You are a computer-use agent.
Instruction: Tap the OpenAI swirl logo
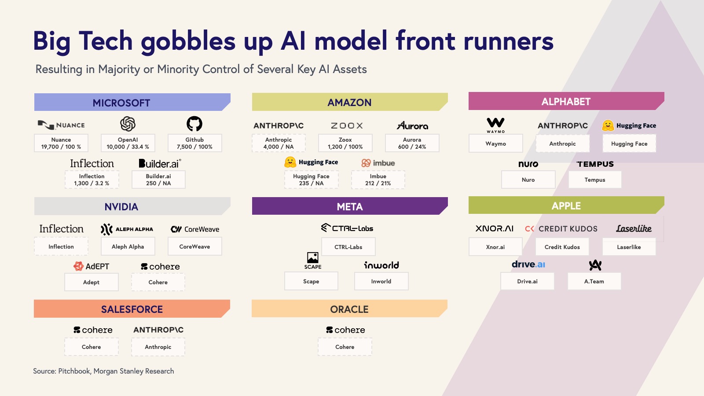pyautogui.click(x=128, y=124)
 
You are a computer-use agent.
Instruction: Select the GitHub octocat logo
pyautogui.click(x=194, y=124)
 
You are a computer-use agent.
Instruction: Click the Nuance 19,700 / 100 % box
pyautogui.click(x=61, y=143)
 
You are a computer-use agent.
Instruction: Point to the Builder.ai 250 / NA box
pyautogui.click(x=158, y=180)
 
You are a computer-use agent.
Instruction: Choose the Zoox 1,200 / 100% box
pyautogui.click(x=345, y=143)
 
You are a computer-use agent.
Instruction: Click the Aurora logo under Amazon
pyautogui.click(x=412, y=125)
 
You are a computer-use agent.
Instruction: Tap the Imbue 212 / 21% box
pyautogui.click(x=378, y=180)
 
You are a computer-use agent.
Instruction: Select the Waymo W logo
pyautogui.click(x=496, y=125)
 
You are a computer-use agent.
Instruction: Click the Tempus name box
pyautogui.click(x=595, y=180)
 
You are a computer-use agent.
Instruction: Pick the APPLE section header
pyautogui.click(x=566, y=205)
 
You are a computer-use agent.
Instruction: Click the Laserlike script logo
pyautogui.click(x=634, y=228)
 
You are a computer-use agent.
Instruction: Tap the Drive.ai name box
pyautogui.click(x=527, y=281)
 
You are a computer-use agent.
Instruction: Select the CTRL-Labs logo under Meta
pyautogui.click(x=348, y=228)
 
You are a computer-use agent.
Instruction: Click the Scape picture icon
pyautogui.click(x=313, y=258)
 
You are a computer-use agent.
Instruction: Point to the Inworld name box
pyautogui.click(x=381, y=281)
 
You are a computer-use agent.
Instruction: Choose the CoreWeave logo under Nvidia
pyautogui.click(x=195, y=229)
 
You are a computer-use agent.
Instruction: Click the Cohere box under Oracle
pyautogui.click(x=345, y=347)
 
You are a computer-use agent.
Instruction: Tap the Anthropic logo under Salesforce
pyautogui.click(x=158, y=330)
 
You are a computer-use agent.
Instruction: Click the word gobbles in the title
pyautogui.click(x=188, y=41)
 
